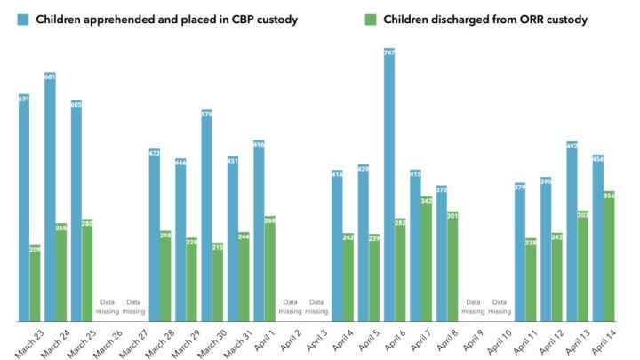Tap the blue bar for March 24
pyautogui.click(x=51, y=196)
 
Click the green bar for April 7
pyautogui.click(x=427, y=259)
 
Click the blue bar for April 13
pyautogui.click(x=572, y=231)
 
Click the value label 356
pyautogui.click(x=609, y=196)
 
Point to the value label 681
pyautogui.click(x=51, y=76)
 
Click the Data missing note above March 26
pyautogui.click(x=108, y=308)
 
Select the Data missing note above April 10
pyautogui.click(x=499, y=308)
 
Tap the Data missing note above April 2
pyautogui.click(x=290, y=308)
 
